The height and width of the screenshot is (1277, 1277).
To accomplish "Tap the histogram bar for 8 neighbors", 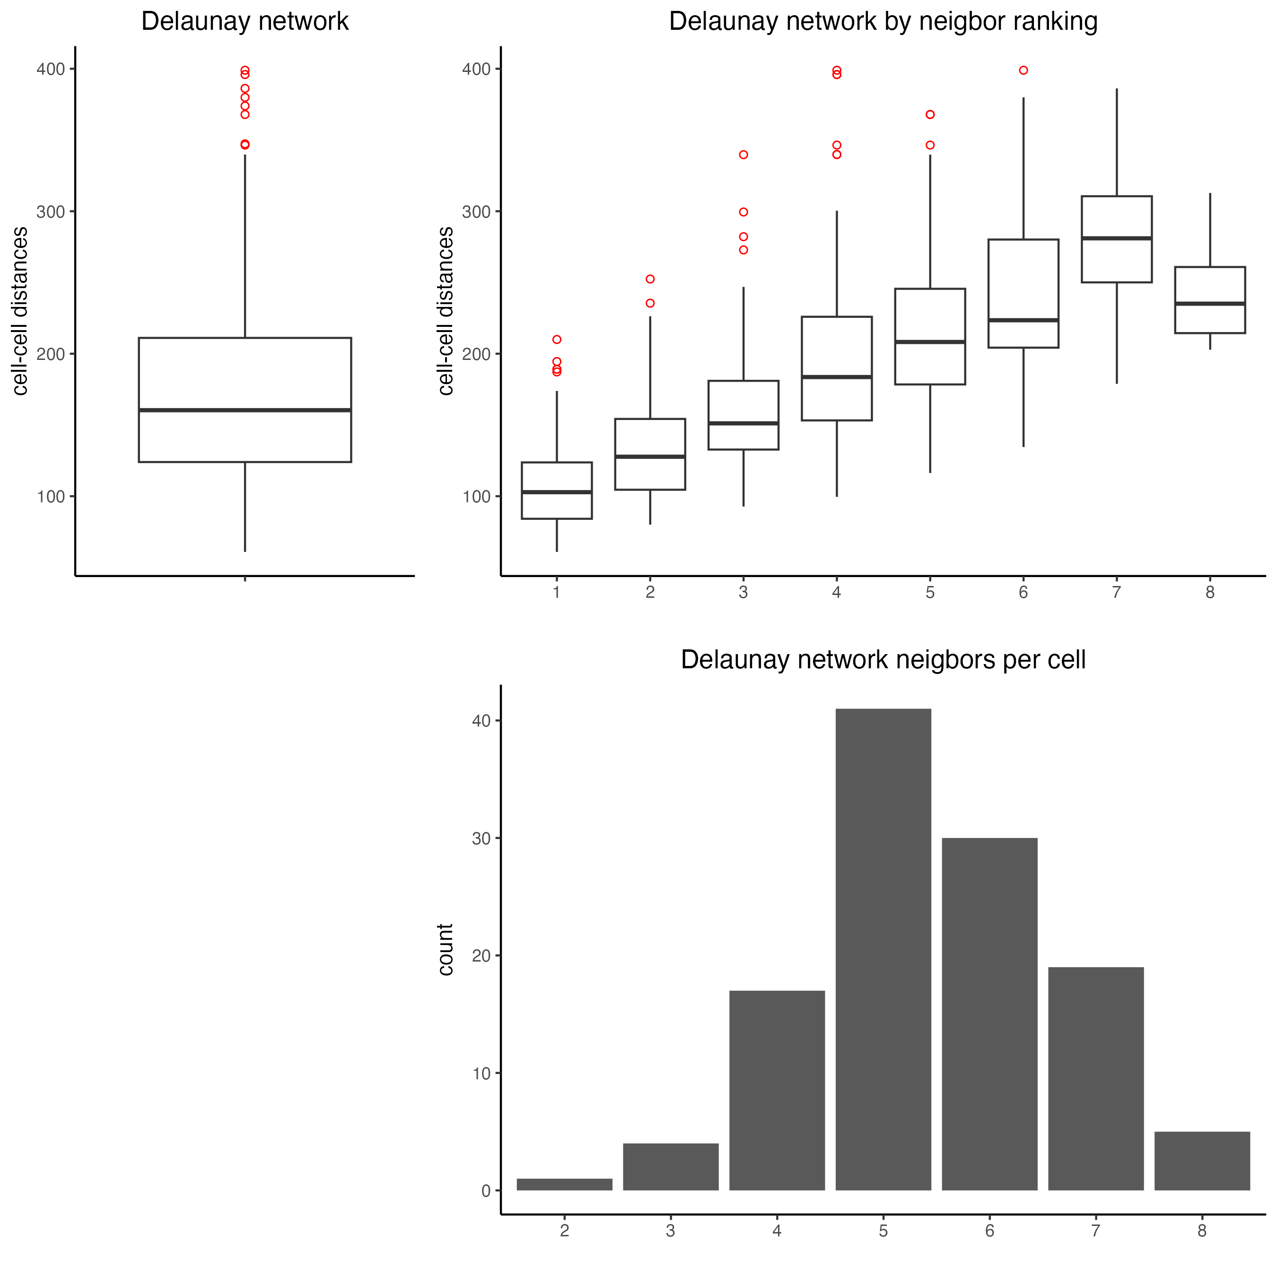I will click(1202, 1161).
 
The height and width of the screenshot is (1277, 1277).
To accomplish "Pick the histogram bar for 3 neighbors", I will click(670, 1167).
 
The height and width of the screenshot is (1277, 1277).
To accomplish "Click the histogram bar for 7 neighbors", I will click(1095, 1079).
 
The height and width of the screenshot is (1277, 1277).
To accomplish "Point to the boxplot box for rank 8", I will click(1209, 300).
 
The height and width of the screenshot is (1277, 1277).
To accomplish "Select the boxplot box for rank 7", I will click(1116, 239).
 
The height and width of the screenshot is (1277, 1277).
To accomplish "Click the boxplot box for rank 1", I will click(557, 490).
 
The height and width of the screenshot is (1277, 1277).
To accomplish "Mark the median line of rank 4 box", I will click(837, 377).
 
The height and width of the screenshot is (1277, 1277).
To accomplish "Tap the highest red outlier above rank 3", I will click(743, 155).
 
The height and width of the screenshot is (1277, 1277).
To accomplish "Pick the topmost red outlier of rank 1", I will click(557, 340).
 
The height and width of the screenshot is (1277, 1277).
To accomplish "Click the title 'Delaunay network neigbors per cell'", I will click(883, 660).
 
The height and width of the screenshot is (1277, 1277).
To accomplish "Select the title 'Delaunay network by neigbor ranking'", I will click(883, 21).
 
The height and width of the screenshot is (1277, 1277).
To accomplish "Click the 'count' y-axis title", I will click(446, 949).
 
